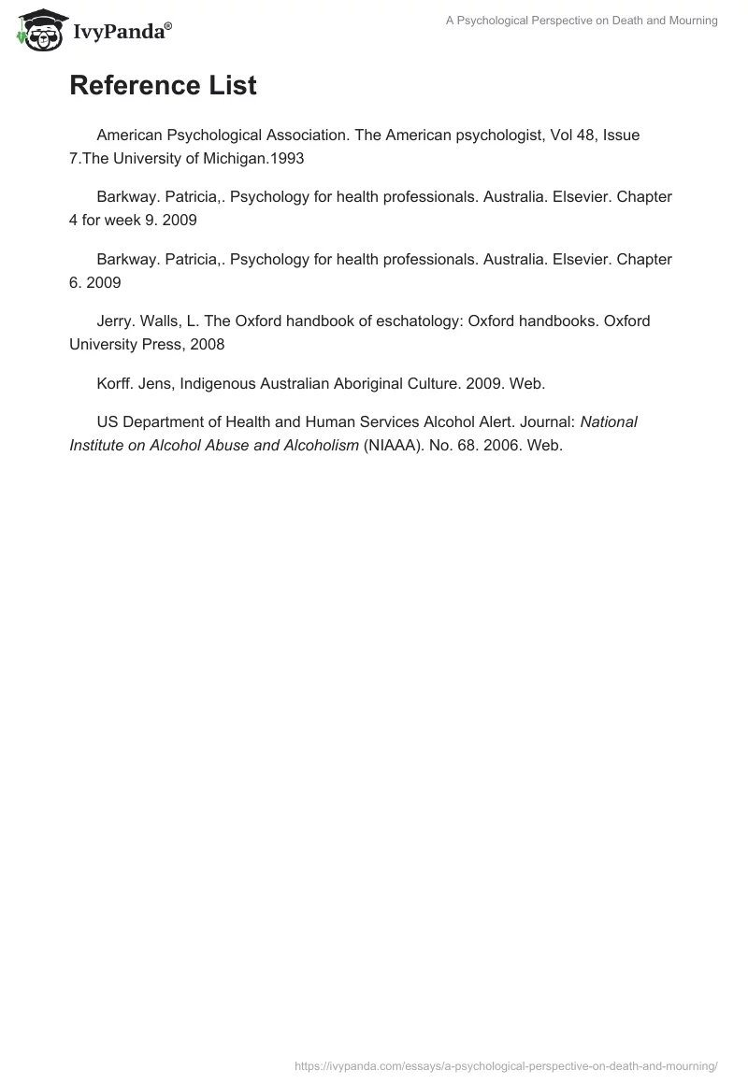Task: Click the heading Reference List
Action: pyautogui.click(x=163, y=86)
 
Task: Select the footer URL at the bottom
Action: pyautogui.click(x=506, y=1064)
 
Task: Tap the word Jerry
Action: pyautogui.click(x=116, y=321)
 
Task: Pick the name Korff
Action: pyautogui.click(x=115, y=383)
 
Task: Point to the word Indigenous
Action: pyautogui.click(x=215, y=383)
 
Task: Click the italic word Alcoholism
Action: pyautogui.click(x=312, y=445)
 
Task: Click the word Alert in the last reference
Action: pyautogui.click(x=482, y=421)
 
